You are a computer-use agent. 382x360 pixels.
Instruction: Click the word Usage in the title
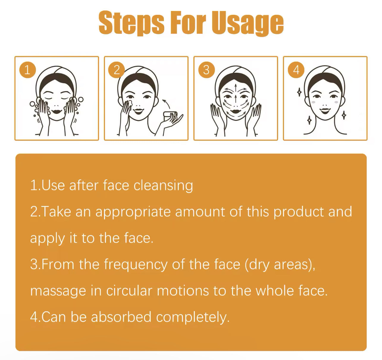pos(248,23)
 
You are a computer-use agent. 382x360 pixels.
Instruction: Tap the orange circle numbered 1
pos(27,70)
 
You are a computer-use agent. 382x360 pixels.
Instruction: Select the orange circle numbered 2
pos(117,70)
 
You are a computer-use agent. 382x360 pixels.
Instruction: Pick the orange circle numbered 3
pos(206,70)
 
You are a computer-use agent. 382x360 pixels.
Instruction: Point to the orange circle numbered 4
pos(296,70)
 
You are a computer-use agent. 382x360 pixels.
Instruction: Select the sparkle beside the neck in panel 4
pos(344,115)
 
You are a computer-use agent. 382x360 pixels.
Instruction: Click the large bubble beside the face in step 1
pos(81,100)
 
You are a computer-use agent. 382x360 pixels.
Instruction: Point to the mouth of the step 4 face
pos(325,111)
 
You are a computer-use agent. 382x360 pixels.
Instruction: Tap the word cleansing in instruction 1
pos(163,186)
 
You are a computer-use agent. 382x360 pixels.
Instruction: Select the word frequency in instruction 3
pos(136,265)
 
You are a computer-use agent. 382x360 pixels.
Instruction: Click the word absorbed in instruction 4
pos(121,317)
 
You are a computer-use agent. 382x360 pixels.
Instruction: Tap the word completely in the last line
pos(193,318)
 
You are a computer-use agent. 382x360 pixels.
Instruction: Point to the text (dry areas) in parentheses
pos(280,265)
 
